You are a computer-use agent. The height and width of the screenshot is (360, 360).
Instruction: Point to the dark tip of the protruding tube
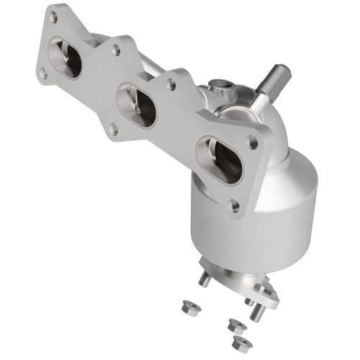click(280, 73)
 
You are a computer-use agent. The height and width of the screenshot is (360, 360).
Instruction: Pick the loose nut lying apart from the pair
click(192, 307)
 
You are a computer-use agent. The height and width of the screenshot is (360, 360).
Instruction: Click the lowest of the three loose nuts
click(243, 343)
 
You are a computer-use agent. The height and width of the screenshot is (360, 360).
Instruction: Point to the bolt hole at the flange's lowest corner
click(235, 205)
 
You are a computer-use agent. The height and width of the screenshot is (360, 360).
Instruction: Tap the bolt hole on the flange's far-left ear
click(42, 73)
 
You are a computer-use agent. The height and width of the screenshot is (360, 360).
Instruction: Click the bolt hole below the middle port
click(113, 130)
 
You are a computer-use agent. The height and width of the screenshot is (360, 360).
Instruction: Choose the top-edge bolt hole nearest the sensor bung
click(171, 84)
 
